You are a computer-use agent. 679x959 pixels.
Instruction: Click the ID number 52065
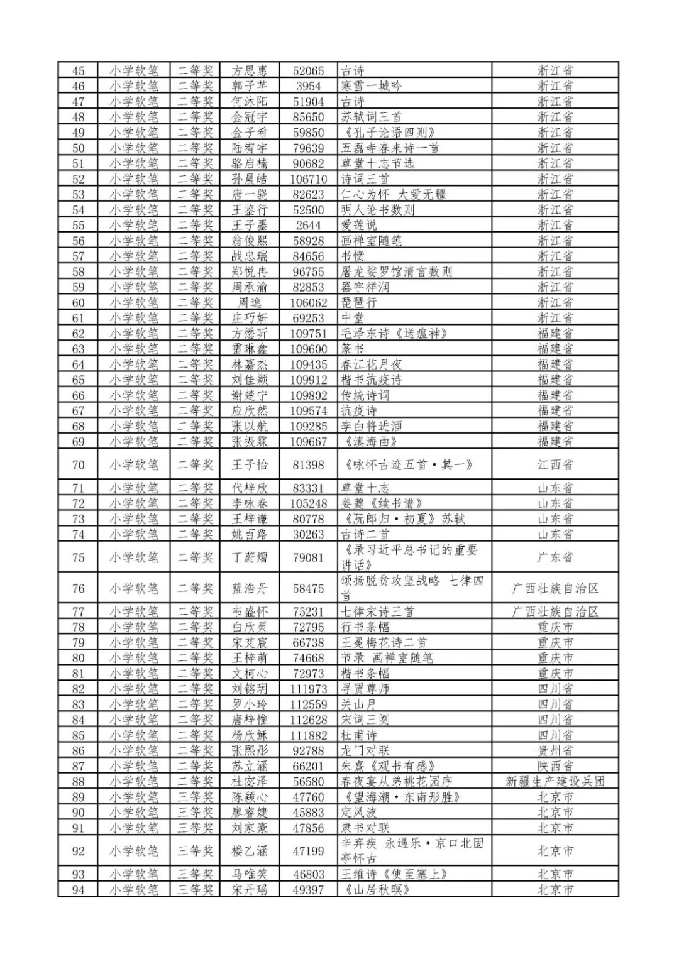pyautogui.click(x=308, y=71)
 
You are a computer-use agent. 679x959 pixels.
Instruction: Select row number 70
pyautogui.click(x=78, y=465)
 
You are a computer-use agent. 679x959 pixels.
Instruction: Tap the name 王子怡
pyautogui.click(x=250, y=465)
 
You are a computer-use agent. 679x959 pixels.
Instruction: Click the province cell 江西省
pyautogui.click(x=555, y=465)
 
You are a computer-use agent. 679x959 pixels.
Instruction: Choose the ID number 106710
pyautogui.click(x=308, y=179)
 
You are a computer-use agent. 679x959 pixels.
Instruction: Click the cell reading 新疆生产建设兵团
pyautogui.click(x=555, y=782)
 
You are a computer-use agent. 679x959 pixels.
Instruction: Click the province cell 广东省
pyautogui.click(x=555, y=557)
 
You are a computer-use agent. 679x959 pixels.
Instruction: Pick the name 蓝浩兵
pyautogui.click(x=250, y=589)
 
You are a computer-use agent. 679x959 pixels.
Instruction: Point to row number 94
pyautogui.click(x=78, y=890)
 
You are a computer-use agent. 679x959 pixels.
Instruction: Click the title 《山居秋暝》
pyautogui.click(x=377, y=890)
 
